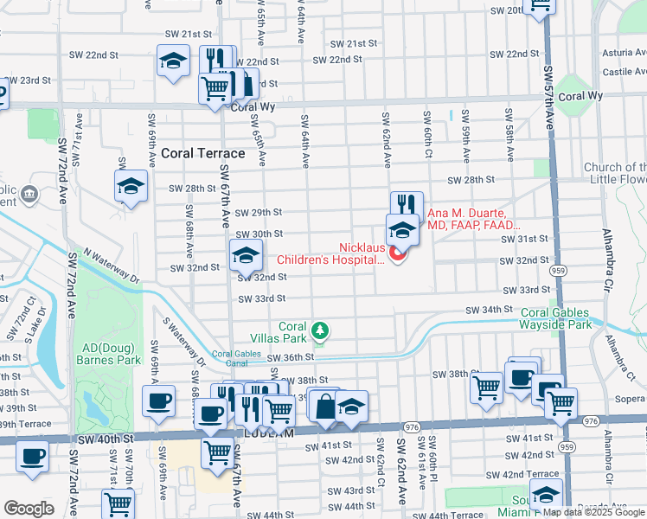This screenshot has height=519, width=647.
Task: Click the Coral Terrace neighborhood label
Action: coord(203,153)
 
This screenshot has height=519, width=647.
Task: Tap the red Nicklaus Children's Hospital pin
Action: coord(398,253)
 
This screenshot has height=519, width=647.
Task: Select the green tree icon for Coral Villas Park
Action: coord(321,330)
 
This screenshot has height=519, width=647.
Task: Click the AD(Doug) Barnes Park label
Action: coord(108,353)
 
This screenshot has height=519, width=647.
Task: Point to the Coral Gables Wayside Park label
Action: coord(567,318)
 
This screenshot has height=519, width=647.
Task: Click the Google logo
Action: coord(29,509)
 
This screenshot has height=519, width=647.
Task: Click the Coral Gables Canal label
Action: coord(235,358)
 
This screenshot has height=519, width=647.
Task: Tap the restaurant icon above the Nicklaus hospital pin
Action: coord(406,204)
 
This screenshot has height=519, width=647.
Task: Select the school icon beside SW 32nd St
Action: coord(246,254)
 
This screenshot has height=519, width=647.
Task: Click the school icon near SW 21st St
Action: coord(173,61)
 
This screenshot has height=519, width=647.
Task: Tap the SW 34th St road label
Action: coord(490,309)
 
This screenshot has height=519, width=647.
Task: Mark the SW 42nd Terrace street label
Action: coord(522,475)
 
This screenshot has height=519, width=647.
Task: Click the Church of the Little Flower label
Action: coord(615,174)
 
